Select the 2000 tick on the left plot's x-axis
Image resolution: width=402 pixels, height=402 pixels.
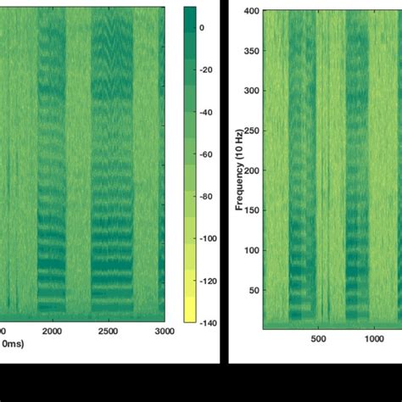click(53, 331)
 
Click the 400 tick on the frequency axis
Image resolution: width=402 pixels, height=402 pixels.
click(252, 12)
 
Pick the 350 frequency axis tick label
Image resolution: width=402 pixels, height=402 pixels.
click(252, 51)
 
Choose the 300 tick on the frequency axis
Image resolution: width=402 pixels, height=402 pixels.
click(252, 91)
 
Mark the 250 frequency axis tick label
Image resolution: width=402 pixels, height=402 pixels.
click(252, 131)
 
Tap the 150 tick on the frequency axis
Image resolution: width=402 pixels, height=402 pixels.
click(252, 211)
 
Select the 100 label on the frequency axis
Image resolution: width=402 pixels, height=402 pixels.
click(252, 251)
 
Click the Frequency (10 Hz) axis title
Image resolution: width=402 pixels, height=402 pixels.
click(240, 170)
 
